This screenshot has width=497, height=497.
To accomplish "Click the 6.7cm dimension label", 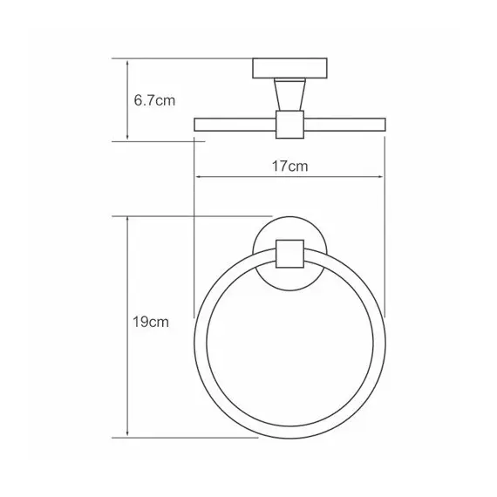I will pos(154,100).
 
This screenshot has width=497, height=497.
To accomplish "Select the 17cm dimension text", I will pos(288,164).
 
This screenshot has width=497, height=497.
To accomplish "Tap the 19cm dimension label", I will pos(152,322).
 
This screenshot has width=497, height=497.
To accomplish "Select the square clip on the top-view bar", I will pos(288,124).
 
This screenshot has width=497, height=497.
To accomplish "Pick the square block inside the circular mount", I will pos(288,254).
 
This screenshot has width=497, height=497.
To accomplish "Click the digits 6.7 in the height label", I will pos(145,100).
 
